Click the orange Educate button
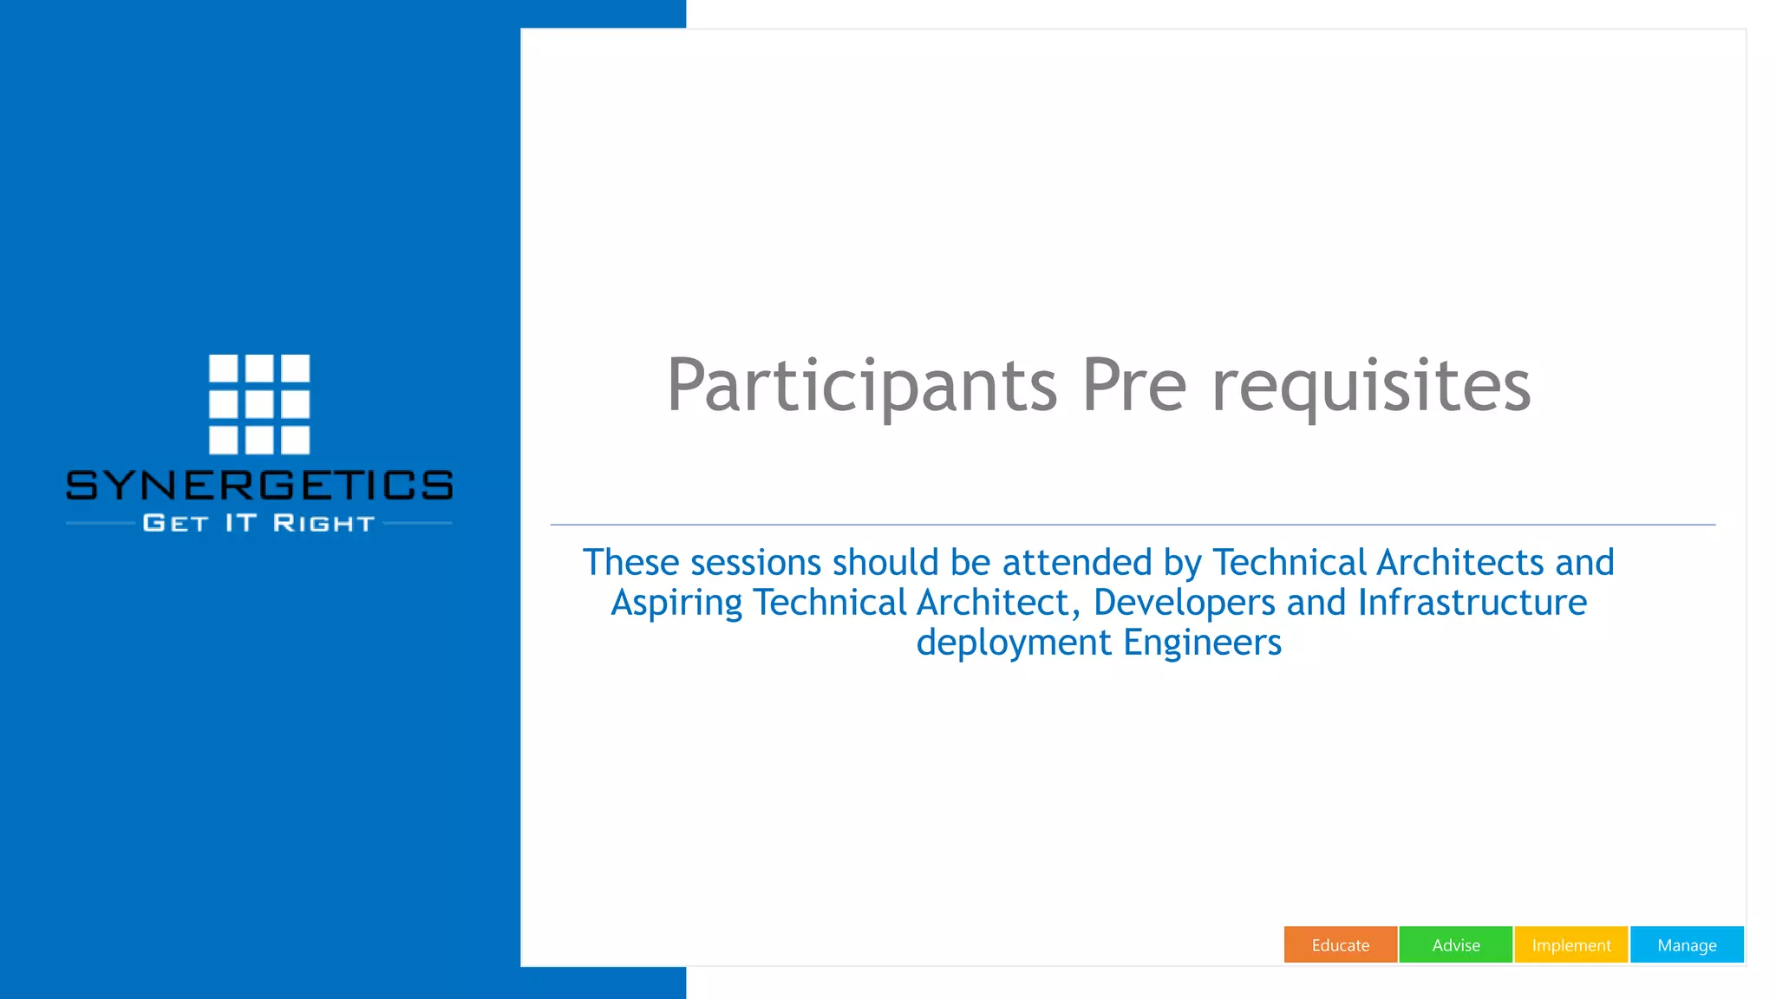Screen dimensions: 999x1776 click(x=1340, y=944)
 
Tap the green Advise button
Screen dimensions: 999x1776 click(x=1455, y=944)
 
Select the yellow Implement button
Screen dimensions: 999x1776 click(x=1570, y=944)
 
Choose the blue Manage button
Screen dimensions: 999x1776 click(x=1687, y=944)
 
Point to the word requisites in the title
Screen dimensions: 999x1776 click(x=1371, y=386)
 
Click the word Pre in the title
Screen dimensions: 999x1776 click(x=1133, y=386)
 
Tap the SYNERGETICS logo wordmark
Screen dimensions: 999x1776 click(x=259, y=486)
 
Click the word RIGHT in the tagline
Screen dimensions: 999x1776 click(x=323, y=523)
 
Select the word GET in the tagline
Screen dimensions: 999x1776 click(x=176, y=523)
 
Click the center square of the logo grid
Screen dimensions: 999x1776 click(x=259, y=404)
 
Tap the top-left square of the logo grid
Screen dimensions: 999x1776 click(x=223, y=368)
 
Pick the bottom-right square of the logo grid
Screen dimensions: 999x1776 click(x=295, y=440)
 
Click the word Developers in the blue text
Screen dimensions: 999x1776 click(x=1184, y=603)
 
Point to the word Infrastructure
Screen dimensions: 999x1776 click(x=1472, y=603)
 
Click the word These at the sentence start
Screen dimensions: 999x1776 click(x=630, y=563)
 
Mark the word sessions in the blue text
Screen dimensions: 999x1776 click(x=755, y=563)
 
